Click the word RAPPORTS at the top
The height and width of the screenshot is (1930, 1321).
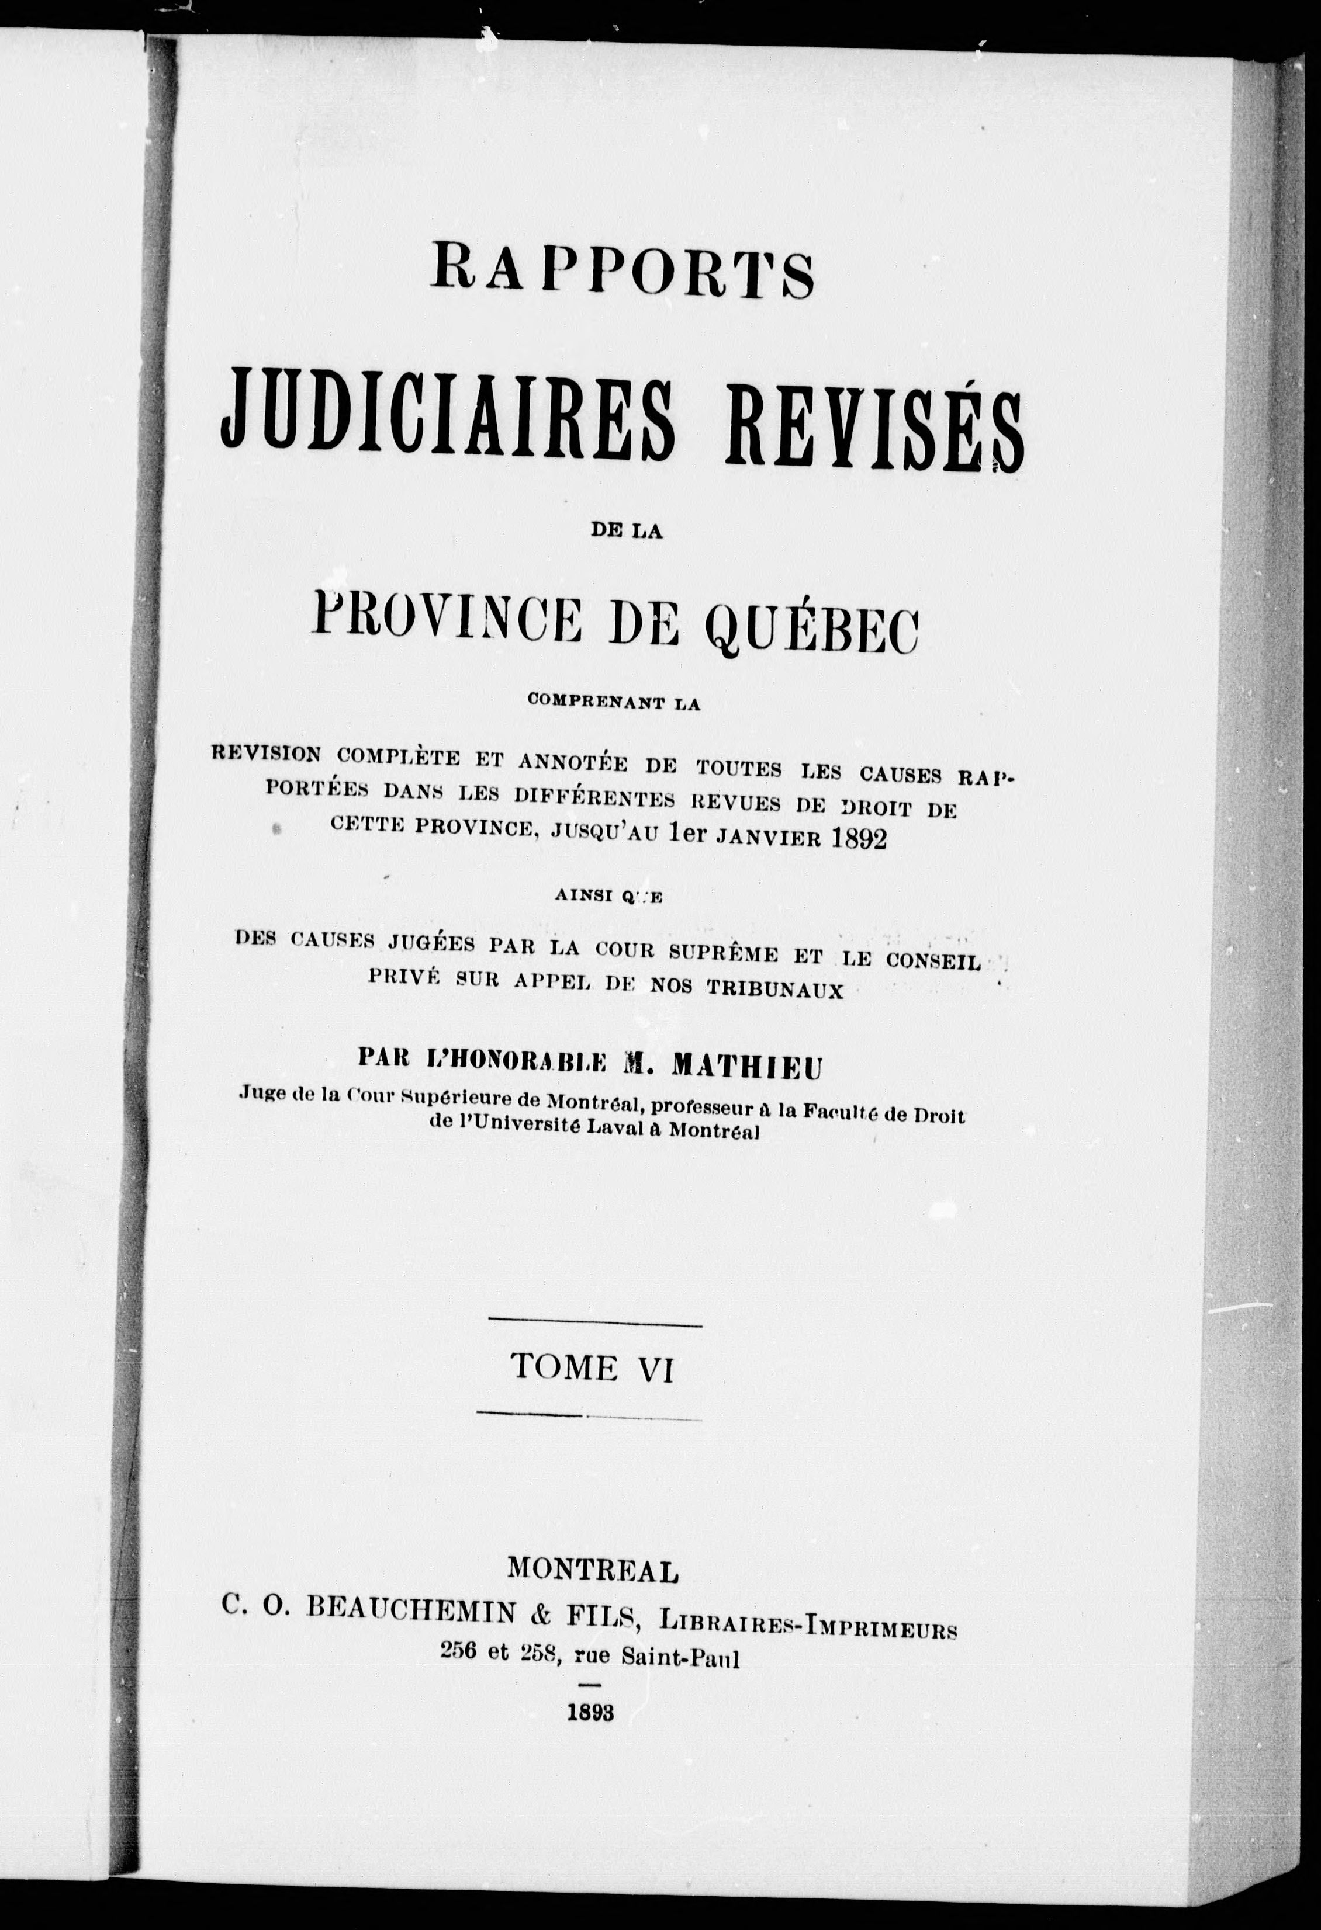[x=621, y=272]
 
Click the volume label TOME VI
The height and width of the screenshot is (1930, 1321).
[x=592, y=1367]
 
